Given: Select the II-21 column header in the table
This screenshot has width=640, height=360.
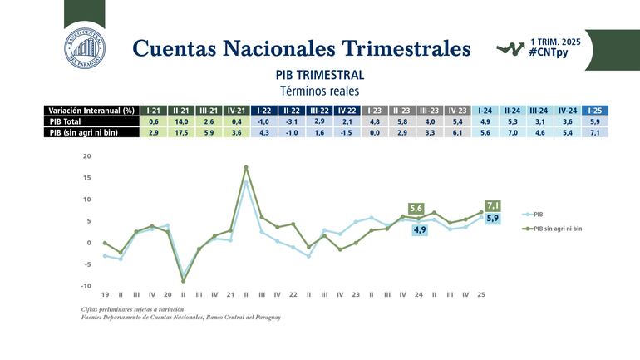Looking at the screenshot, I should (x=180, y=111).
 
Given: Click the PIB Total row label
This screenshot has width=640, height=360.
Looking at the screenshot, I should (x=67, y=121).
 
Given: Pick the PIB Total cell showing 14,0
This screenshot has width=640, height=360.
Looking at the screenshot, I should (x=180, y=121).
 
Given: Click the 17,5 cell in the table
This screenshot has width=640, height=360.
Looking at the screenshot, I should (x=180, y=133).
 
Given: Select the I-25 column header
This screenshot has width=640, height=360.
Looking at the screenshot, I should (x=594, y=111).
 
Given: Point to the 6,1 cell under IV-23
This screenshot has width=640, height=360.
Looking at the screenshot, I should (x=456, y=133).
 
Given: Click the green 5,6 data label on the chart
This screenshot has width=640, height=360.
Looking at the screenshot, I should (x=417, y=208).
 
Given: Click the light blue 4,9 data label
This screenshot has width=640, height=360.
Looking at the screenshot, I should (x=419, y=229).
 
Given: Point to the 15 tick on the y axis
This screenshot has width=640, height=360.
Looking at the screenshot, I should (x=86, y=177).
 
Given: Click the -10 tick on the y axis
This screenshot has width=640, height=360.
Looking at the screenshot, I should (x=86, y=285).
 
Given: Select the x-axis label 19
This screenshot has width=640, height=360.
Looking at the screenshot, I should (x=105, y=294).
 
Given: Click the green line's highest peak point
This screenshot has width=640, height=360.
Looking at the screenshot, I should (x=246, y=167).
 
